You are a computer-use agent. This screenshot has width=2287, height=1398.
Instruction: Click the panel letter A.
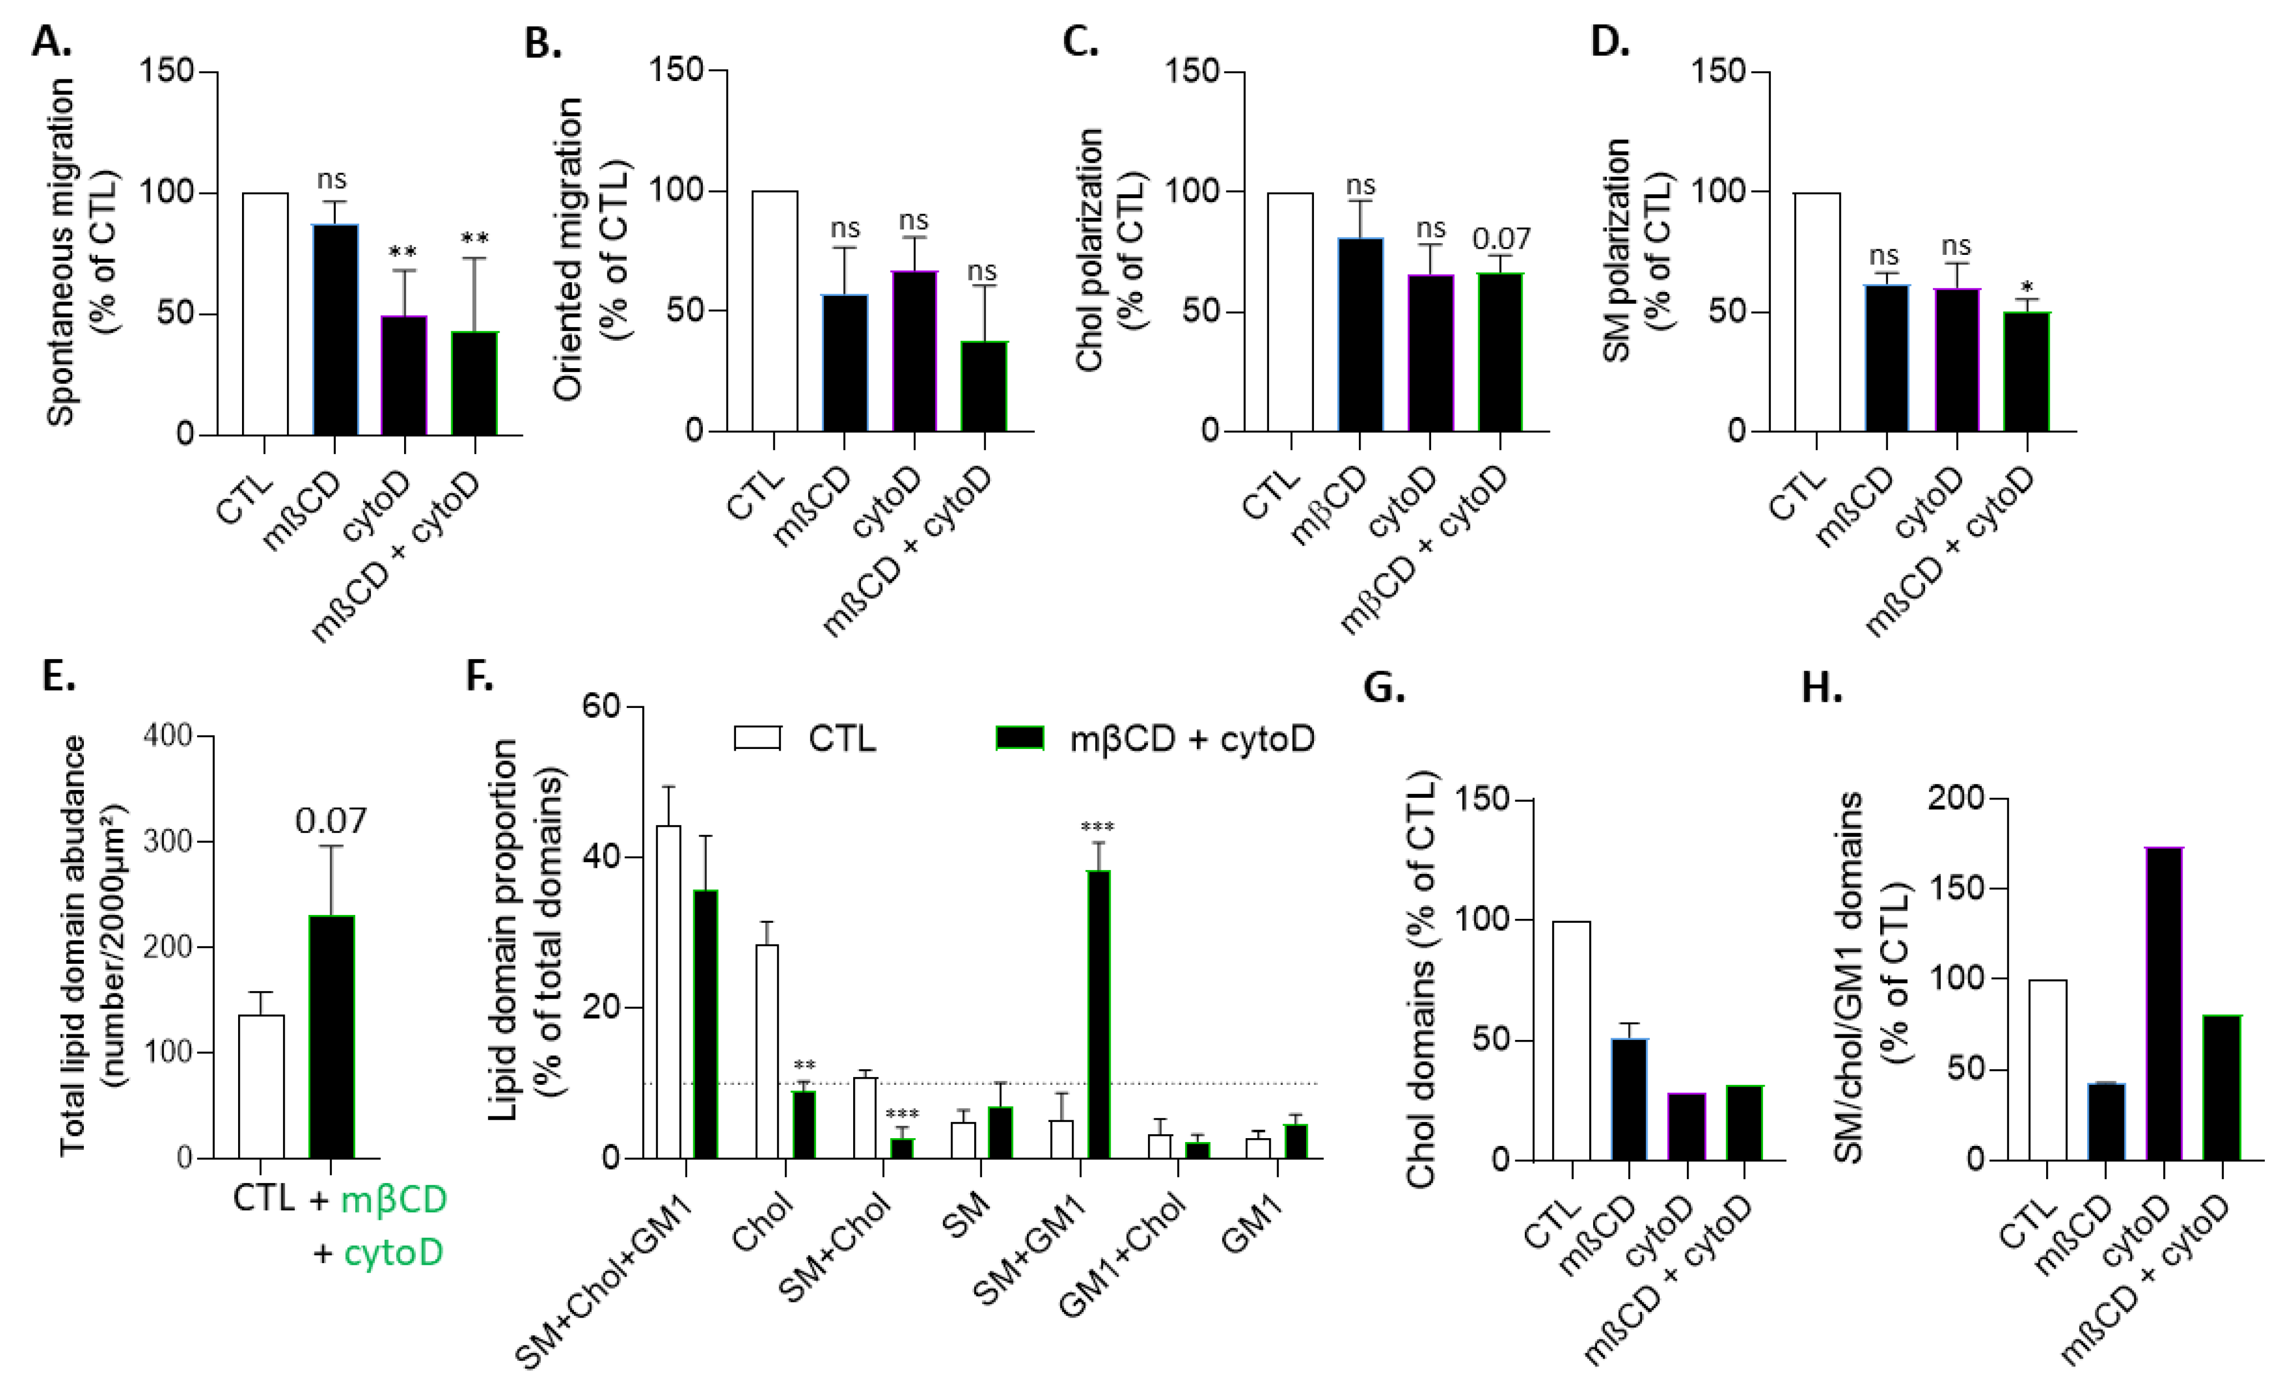(51, 42)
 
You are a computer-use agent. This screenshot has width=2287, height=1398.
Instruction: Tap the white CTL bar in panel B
(774, 311)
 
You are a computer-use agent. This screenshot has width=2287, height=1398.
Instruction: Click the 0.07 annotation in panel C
(1501, 239)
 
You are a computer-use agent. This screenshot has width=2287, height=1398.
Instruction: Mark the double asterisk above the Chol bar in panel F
(804, 1065)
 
